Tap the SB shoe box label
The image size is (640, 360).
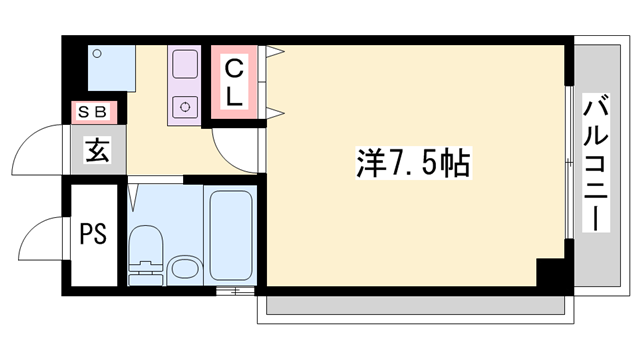point(95,112)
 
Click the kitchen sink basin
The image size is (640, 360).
point(185,66)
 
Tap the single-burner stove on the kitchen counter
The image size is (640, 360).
point(185,104)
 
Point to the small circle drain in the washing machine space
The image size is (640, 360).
point(96,56)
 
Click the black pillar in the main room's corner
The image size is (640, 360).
point(551,272)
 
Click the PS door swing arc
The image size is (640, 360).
point(42,240)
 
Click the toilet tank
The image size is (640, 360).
point(145,271)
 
